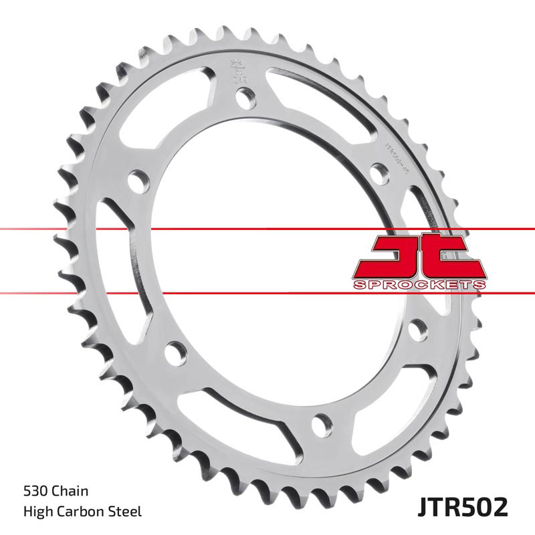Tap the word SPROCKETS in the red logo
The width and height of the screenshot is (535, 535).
pos(419,285)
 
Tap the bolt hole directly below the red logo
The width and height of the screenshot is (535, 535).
pos(417,328)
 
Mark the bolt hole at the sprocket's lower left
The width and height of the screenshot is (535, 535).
pos(175,349)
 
